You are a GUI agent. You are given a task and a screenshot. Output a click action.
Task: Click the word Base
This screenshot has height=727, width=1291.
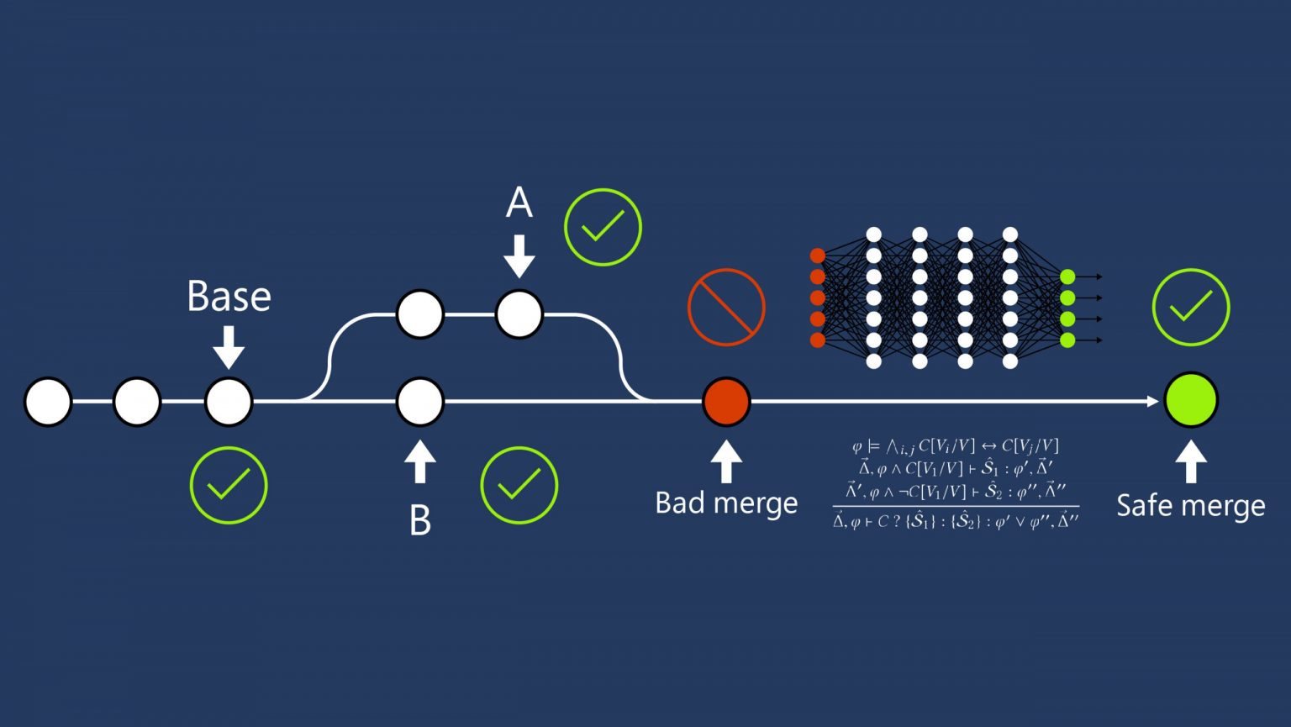(x=229, y=297)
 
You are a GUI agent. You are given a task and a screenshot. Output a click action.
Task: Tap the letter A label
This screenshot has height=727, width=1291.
(x=519, y=203)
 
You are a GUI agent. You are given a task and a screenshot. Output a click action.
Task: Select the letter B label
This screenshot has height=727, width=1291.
(x=420, y=520)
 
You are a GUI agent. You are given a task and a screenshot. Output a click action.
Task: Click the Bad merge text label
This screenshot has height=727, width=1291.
(x=726, y=503)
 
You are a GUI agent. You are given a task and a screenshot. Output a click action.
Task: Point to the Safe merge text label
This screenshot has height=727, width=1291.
(x=1190, y=506)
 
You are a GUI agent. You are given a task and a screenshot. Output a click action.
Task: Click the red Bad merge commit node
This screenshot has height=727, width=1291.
(x=726, y=401)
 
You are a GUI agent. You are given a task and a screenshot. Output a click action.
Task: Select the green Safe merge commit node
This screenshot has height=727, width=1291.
(x=1191, y=400)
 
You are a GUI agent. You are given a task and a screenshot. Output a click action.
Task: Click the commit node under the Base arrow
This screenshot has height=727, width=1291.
(x=229, y=402)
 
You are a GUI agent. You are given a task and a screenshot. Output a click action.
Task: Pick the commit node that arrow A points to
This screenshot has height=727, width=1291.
(x=519, y=314)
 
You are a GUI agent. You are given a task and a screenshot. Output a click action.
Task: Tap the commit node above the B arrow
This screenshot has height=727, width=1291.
(x=420, y=402)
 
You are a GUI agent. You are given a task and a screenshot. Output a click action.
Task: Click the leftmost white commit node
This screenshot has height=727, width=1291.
(x=48, y=402)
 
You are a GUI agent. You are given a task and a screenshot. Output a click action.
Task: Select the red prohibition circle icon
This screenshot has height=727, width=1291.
(x=726, y=308)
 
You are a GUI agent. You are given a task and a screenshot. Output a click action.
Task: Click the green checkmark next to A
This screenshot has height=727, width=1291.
(x=603, y=227)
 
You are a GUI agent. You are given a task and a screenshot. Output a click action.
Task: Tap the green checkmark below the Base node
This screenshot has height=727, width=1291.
(x=229, y=486)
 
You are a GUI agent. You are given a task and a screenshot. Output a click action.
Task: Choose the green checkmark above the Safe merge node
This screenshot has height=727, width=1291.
(x=1191, y=308)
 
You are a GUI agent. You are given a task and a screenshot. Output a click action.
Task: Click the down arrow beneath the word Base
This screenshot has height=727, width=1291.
(x=229, y=346)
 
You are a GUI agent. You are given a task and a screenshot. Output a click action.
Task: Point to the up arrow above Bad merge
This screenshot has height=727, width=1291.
(x=726, y=461)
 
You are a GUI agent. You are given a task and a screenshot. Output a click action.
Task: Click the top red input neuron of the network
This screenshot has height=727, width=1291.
(x=817, y=256)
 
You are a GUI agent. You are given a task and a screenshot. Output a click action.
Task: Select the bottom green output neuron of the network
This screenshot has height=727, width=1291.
(x=1067, y=340)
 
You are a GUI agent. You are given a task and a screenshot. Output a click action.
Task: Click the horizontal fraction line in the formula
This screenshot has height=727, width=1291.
(x=956, y=507)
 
